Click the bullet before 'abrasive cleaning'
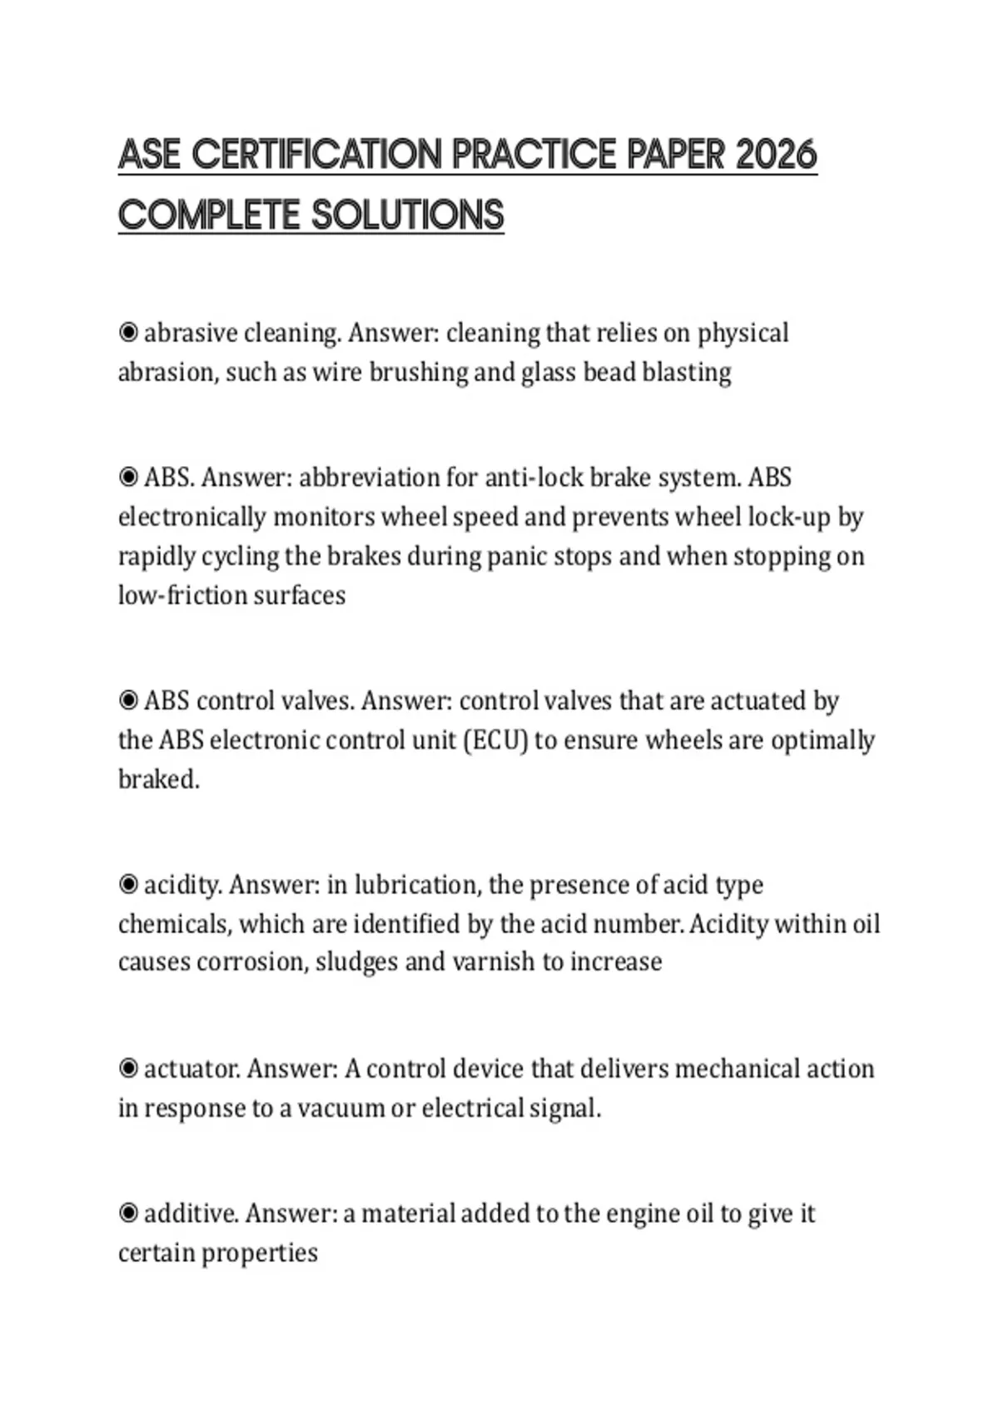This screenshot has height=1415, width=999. tap(128, 333)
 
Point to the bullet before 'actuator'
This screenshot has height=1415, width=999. tap(128, 1068)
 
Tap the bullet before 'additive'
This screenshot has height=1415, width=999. tap(128, 1214)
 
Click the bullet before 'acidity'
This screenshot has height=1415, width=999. tap(128, 884)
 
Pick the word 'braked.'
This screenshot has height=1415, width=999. tap(159, 779)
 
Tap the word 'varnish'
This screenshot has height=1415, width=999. tap(494, 962)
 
